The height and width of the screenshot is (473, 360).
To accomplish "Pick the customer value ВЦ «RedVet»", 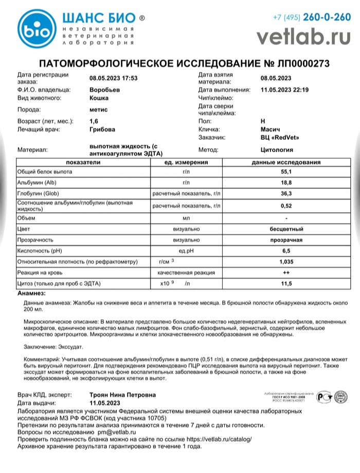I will (280, 138).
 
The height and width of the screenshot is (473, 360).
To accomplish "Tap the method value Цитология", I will (277, 150).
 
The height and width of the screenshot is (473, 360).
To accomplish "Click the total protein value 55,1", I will (286, 172).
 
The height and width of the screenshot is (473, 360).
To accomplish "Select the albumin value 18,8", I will (286, 183).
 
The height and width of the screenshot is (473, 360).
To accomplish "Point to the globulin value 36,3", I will (286, 194).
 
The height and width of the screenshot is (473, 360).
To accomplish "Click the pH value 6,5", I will (286, 250).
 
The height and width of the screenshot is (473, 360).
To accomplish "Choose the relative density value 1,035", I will (286, 262).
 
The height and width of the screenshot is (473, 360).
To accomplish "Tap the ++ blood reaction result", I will (286, 272).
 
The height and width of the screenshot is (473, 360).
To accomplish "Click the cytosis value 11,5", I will (286, 284).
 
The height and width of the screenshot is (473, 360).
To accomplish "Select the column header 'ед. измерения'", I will (186, 162).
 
